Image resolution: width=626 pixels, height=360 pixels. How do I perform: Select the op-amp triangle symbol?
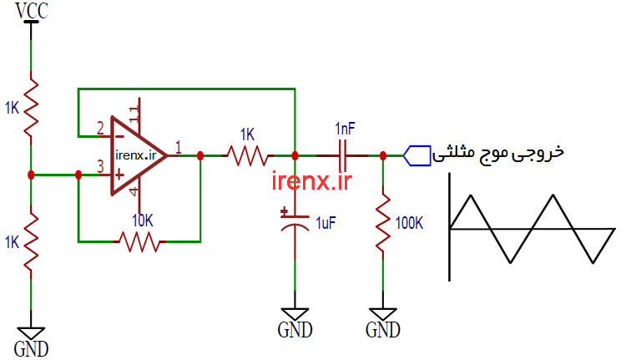138,154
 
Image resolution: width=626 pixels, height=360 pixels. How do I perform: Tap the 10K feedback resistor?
140,241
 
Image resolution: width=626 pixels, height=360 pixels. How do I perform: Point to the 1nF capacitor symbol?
345,155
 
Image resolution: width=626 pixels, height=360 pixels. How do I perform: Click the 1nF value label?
345,129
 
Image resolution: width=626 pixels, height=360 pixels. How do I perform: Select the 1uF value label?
326,223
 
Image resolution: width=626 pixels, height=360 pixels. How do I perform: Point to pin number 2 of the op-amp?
100,129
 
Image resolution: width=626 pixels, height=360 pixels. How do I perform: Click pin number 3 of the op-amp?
100,167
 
